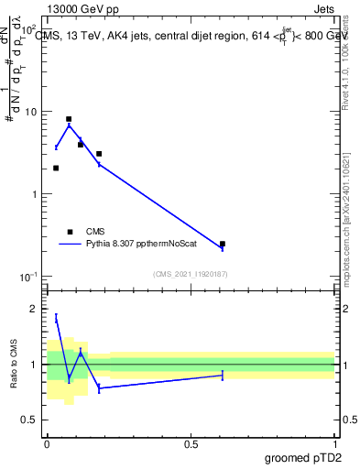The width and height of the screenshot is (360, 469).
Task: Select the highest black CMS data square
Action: pyautogui.click(x=69, y=119)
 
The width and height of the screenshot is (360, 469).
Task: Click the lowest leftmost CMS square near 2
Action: pyautogui.click(x=56, y=168)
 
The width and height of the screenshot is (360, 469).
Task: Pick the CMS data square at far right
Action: pyautogui.click(x=223, y=244)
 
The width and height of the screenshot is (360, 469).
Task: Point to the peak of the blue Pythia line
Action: pyautogui.click(x=69, y=125)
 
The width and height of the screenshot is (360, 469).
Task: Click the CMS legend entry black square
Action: pyautogui.click(x=70, y=232)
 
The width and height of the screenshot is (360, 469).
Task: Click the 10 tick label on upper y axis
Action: pyautogui.click(x=30, y=112)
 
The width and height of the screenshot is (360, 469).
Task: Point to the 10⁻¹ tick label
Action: pyautogui.click(x=28, y=277)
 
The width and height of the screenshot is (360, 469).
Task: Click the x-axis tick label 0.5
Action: pyautogui.click(x=191, y=444)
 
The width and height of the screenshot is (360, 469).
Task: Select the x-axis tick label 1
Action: pyautogui.click(x=334, y=444)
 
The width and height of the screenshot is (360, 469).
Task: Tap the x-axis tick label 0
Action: pyautogui.click(x=47, y=444)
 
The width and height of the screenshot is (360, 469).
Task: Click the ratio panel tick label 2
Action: pyautogui.click(x=35, y=310)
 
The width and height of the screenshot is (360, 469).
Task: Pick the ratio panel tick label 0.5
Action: pyautogui.click(x=31, y=420)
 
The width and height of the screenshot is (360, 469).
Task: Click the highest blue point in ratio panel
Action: pyautogui.click(x=56, y=318)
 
